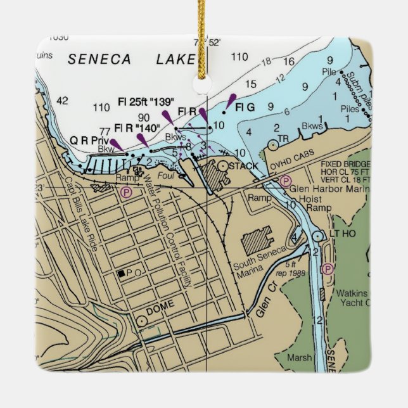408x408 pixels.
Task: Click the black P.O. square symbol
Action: coord(120,274)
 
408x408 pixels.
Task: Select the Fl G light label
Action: coord(245,108)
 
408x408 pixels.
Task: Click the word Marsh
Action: coord(299,358)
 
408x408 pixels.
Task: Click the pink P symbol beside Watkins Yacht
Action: coord(328,269)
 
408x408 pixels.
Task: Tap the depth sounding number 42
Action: coord(62,101)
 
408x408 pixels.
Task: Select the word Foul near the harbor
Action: coord(165,177)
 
